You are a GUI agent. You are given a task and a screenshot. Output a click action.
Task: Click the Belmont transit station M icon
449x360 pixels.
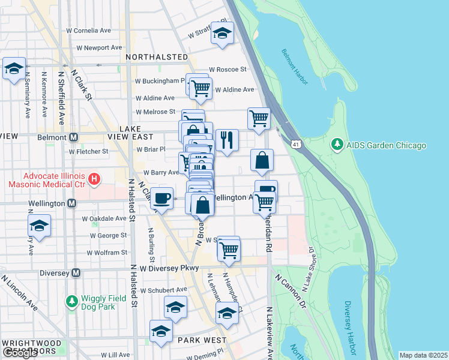click(74, 137)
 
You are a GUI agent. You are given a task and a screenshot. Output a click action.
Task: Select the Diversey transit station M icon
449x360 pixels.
click(76, 272)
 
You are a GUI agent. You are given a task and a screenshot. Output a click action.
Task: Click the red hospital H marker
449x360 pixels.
click(94, 178)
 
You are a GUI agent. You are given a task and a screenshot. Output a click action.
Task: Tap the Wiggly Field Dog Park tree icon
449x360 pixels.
click(71, 301)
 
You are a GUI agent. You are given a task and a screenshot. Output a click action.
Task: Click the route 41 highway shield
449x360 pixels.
click(295, 145)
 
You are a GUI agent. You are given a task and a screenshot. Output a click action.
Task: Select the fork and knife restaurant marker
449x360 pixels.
click(227, 140)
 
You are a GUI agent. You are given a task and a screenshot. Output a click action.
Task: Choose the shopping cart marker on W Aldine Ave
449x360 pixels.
click(201, 88)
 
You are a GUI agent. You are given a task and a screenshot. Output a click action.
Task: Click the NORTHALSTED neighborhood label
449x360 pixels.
click(157, 56)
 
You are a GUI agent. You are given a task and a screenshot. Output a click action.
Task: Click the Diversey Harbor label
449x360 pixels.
click(349, 327)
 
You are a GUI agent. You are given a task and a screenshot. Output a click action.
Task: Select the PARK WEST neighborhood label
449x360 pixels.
click(193, 340)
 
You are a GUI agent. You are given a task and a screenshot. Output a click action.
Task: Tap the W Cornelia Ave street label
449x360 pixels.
click(89, 30)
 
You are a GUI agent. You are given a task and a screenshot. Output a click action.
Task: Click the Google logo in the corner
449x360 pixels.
click(19, 353)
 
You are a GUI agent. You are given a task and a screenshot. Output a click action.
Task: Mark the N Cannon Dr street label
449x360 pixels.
click(291, 292)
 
